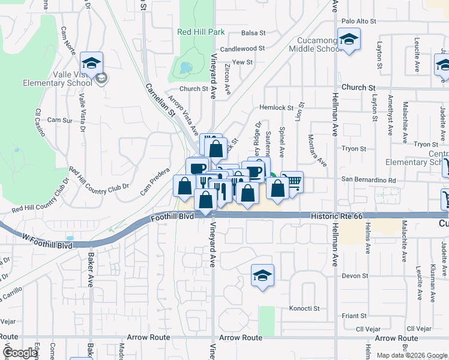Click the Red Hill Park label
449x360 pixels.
pos(200,32)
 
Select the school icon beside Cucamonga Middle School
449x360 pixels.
pos(348,41)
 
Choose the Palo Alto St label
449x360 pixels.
pos(358,21)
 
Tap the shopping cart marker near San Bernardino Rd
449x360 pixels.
pos(292,182)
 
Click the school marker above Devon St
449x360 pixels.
pos(262,276)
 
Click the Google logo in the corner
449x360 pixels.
pos(20,353)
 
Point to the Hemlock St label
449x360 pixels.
pos(274,107)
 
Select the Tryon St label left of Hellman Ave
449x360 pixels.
pos(354,148)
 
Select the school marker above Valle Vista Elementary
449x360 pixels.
pos(91,62)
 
